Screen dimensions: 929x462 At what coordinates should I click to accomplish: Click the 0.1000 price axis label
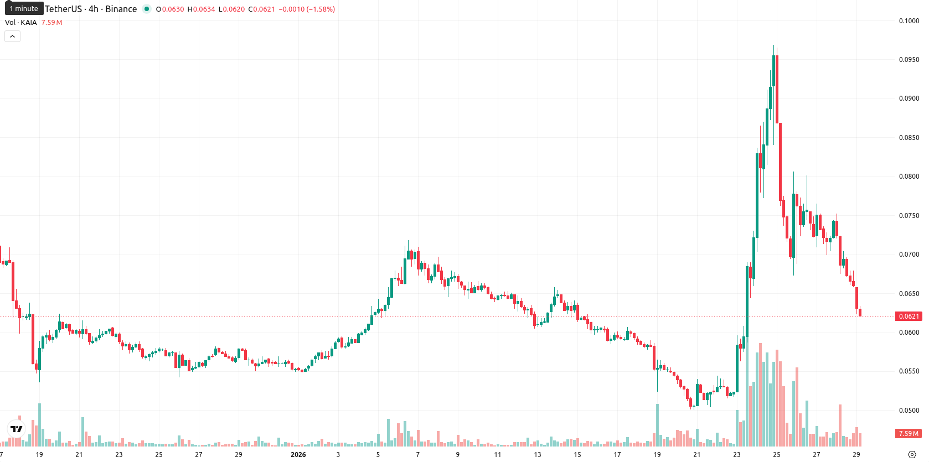[909, 21]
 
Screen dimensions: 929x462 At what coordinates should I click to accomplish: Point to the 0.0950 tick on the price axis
[909, 60]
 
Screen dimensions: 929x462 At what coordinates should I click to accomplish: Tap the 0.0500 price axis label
[909, 411]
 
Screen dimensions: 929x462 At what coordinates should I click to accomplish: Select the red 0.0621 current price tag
[909, 316]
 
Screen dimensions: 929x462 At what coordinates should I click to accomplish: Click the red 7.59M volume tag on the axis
[909, 434]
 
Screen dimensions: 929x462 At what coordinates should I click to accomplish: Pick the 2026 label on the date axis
[298, 455]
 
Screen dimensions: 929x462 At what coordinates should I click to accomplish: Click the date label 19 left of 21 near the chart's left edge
[39, 455]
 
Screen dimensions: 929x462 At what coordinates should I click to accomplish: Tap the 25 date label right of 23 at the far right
[776, 455]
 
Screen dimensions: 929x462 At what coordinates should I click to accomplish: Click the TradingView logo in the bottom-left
[17, 429]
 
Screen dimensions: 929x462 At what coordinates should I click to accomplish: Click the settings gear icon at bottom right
[912, 455]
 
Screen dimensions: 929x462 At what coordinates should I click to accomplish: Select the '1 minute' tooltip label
[24, 9]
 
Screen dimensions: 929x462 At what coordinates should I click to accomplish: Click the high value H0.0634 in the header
[201, 9]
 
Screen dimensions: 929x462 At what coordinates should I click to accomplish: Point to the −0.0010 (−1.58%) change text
[307, 9]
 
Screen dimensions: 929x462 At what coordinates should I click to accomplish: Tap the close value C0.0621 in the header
[261, 9]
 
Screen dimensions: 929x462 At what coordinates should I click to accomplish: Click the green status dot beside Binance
[146, 9]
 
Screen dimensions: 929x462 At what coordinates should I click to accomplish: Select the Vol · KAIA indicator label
[20, 22]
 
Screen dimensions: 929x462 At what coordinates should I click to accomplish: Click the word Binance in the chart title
[121, 9]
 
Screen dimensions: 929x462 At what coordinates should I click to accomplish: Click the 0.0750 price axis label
[909, 215]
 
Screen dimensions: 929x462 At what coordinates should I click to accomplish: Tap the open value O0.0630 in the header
[170, 9]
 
